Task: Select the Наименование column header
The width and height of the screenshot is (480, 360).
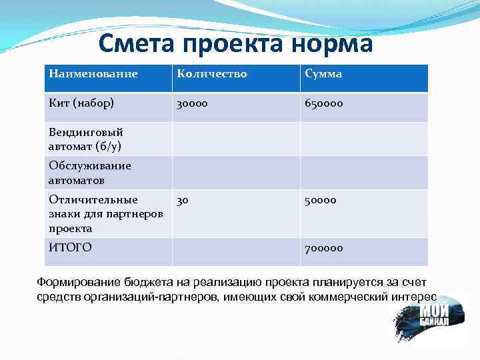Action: tap(93, 74)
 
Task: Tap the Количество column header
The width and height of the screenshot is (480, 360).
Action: tap(211, 74)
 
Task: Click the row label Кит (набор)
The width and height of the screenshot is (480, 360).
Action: tap(81, 103)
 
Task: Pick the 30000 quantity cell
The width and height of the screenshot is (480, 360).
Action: tap(192, 104)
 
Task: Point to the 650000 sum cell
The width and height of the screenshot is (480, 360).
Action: tap(325, 104)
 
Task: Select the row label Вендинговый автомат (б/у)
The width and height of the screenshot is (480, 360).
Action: tap(85, 139)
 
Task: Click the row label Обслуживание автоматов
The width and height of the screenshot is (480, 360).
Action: tap(89, 173)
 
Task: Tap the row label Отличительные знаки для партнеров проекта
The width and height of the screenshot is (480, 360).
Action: tap(97, 213)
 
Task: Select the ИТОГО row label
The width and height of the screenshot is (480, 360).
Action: tap(69, 247)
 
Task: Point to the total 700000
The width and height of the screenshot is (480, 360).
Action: tap(324, 248)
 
